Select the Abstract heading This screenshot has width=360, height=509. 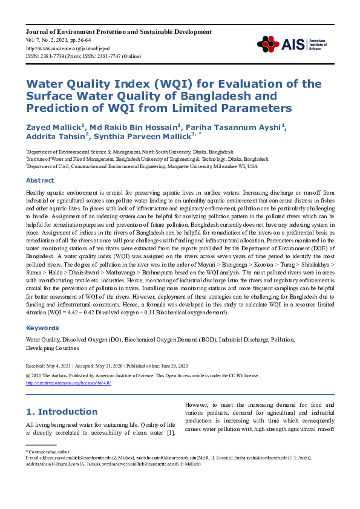(39, 180)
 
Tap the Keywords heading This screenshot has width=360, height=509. (42, 328)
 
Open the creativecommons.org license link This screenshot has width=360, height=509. (68, 382)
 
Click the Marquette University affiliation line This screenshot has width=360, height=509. (142, 166)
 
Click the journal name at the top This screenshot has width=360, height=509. (119, 31)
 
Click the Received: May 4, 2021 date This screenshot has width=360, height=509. (51, 366)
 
